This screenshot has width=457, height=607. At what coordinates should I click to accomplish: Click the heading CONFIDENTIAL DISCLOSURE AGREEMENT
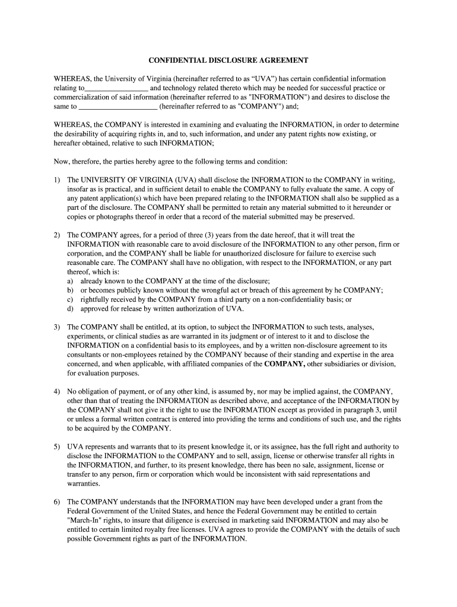pyautogui.click(x=228, y=60)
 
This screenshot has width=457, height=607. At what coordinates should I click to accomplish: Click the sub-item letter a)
pyautogui.click(x=70, y=281)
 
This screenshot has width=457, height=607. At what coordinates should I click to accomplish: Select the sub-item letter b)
pyautogui.click(x=70, y=290)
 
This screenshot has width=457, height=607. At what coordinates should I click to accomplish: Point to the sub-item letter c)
pyautogui.click(x=70, y=299)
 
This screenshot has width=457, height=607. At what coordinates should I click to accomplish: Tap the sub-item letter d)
pyautogui.click(x=70, y=308)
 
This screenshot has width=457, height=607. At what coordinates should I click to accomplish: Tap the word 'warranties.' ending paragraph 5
pyautogui.click(x=84, y=483)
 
